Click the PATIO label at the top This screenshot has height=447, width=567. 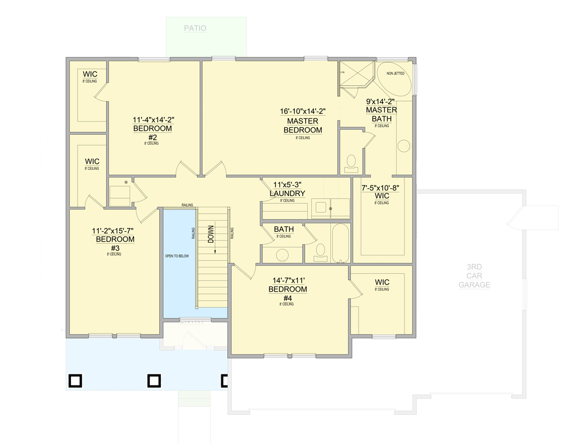195,28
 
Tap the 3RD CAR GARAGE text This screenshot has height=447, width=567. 474,276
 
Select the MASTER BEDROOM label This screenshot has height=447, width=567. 303,126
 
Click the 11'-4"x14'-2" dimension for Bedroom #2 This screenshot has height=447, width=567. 153,120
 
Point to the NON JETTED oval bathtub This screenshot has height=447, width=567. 396,80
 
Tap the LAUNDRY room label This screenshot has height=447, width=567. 287,194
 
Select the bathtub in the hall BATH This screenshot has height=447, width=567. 340,244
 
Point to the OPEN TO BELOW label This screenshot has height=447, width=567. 177,256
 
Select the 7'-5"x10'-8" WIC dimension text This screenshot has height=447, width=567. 382,188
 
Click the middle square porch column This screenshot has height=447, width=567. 154,381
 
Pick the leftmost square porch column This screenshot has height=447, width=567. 75,381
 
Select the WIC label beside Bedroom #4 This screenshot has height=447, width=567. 382,282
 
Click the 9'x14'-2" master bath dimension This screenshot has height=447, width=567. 380,102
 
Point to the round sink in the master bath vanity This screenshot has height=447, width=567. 403,146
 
